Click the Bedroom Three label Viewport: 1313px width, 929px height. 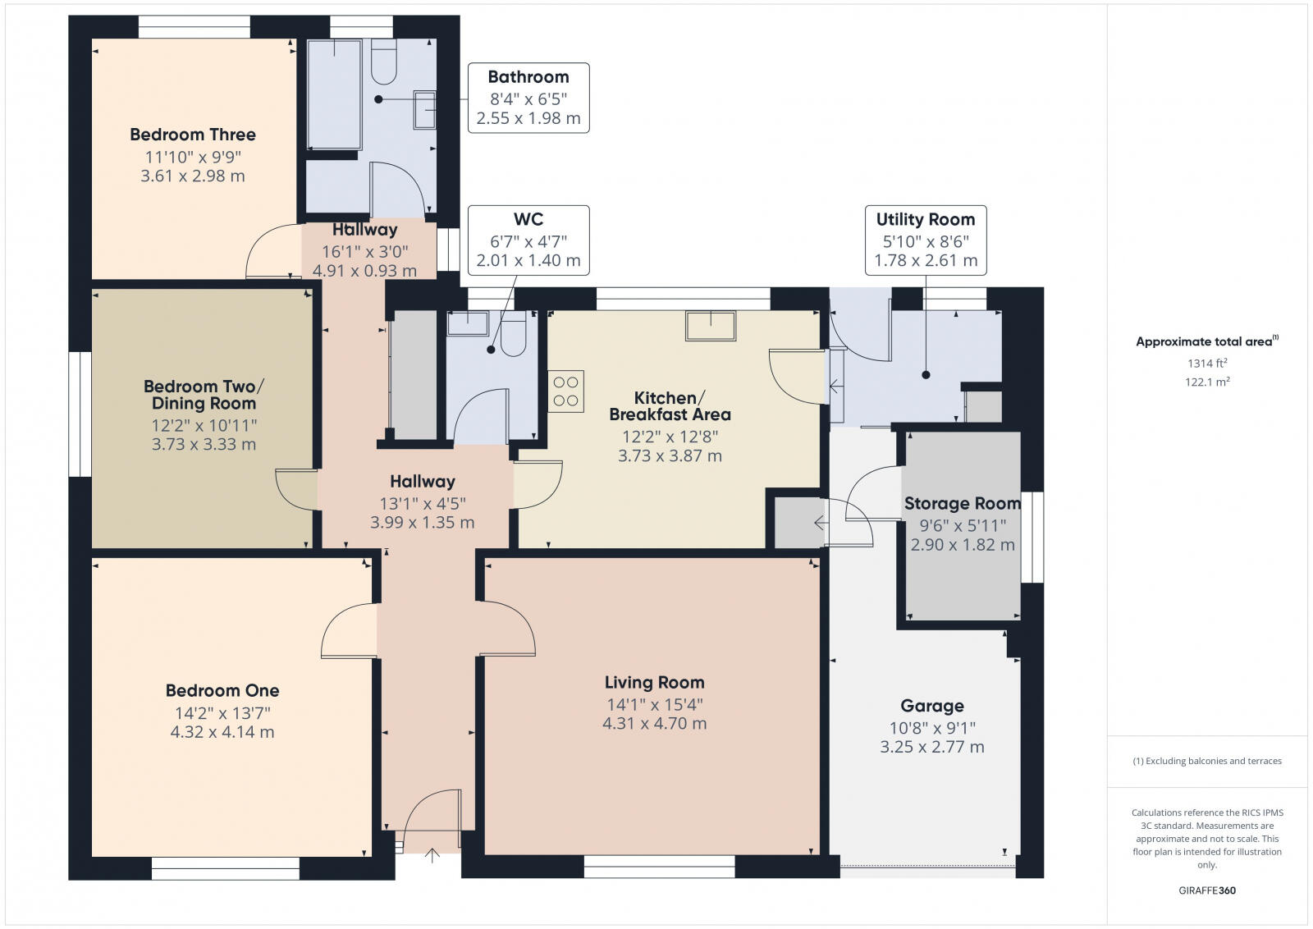pos(193,135)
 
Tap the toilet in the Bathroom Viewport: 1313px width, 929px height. pos(384,63)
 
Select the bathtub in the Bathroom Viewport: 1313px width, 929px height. pos(335,94)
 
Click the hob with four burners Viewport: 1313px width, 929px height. pos(565,391)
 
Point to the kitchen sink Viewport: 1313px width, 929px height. pos(711,326)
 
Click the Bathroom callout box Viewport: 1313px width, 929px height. pos(528,98)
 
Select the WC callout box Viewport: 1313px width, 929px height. pos(528,240)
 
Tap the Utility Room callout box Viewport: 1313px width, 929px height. pos(925,240)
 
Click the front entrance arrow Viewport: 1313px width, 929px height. pos(432,857)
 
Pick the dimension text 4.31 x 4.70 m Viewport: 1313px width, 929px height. pos(654,724)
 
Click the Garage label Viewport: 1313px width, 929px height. pos(932,706)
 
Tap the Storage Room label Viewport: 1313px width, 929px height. pos(962,503)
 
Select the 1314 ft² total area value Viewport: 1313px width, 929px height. pos(1206,363)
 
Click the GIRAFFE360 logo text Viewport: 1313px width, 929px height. pos(1206,890)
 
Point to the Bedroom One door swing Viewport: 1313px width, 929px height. pos(348,633)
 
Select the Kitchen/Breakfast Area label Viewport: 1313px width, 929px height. pos(670,406)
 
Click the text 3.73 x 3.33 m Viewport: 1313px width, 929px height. pos(204,445)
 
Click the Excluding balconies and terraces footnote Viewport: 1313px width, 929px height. pos(1207,761)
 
